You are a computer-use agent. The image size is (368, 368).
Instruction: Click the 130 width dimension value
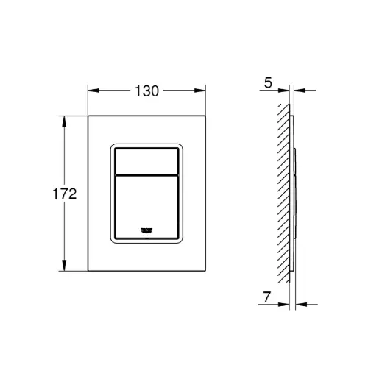[147, 91]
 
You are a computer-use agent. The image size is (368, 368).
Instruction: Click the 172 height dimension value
[65, 194]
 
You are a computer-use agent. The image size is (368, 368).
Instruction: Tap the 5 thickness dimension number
[268, 82]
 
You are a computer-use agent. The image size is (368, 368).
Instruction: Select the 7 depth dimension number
[266, 297]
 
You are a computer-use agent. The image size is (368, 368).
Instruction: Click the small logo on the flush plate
[146, 230]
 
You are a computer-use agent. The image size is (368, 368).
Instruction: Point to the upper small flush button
[146, 161]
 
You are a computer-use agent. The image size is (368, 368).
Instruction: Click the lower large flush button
[146, 207]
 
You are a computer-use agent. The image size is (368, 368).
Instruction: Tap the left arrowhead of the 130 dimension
[93, 91]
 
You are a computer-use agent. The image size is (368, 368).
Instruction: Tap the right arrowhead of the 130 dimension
[200, 91]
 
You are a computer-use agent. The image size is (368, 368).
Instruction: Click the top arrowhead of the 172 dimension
[64, 121]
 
